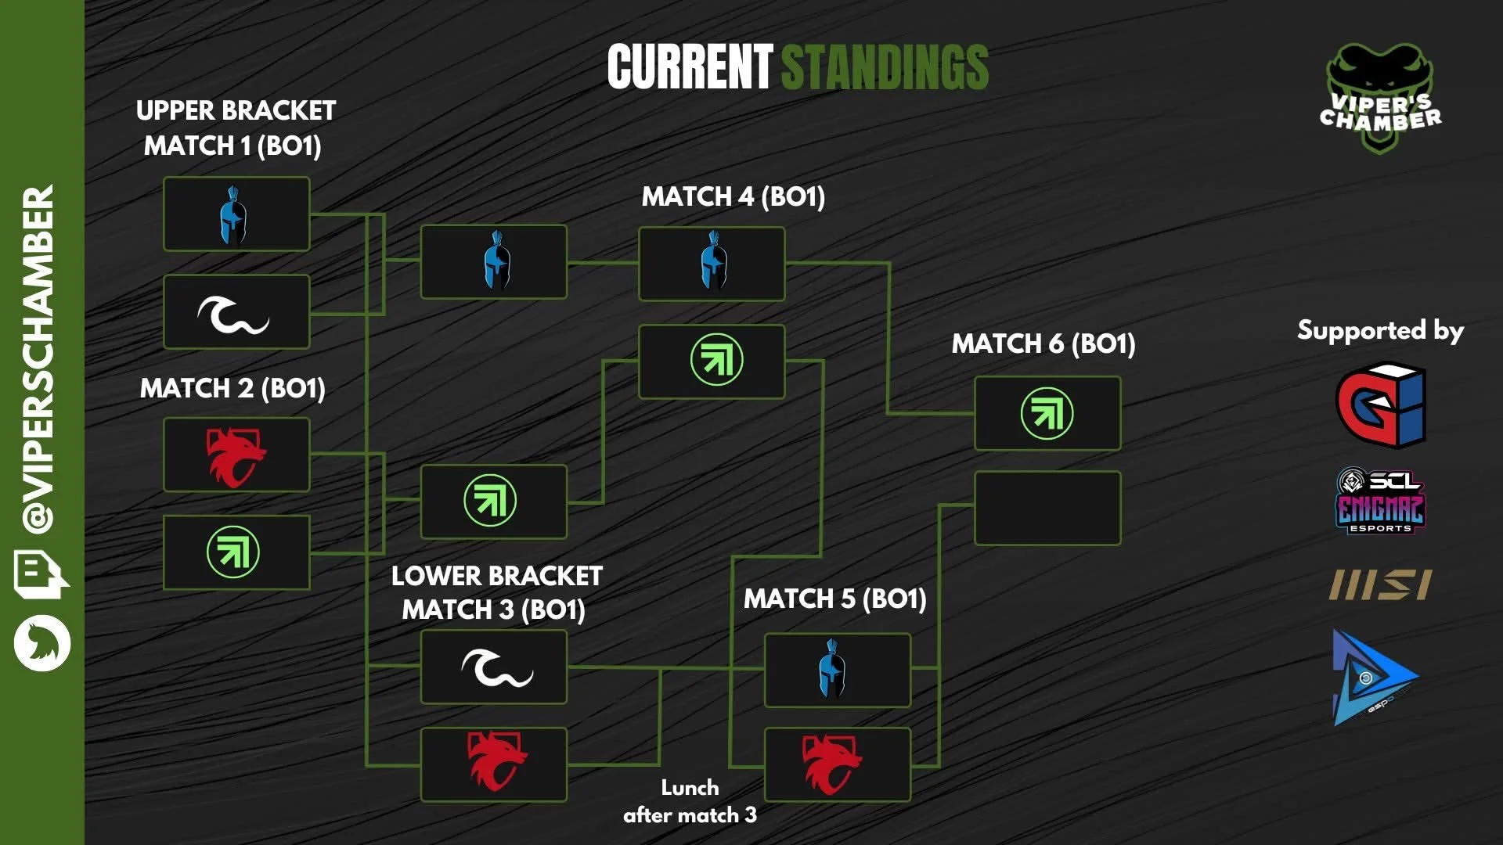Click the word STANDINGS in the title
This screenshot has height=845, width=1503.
click(x=885, y=67)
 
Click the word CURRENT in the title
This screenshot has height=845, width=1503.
click(x=690, y=67)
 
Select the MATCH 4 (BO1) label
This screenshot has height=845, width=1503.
click(x=733, y=196)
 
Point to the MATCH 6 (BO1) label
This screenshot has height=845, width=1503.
click(x=1043, y=343)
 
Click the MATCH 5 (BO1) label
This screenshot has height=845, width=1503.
click(x=835, y=599)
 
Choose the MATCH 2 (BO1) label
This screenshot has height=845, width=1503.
click(x=232, y=388)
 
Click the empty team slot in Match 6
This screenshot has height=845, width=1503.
click(x=1047, y=508)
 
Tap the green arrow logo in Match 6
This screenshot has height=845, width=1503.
click(x=1047, y=413)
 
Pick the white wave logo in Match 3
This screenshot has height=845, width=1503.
click(x=496, y=667)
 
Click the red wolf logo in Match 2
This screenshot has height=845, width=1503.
click(x=235, y=455)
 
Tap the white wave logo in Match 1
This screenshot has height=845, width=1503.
click(x=232, y=313)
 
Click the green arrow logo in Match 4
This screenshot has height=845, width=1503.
click(x=716, y=360)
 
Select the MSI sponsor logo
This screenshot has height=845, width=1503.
click(x=1380, y=584)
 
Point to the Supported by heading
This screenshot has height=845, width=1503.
click(x=1380, y=330)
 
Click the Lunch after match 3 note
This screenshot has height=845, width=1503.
click(x=690, y=801)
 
